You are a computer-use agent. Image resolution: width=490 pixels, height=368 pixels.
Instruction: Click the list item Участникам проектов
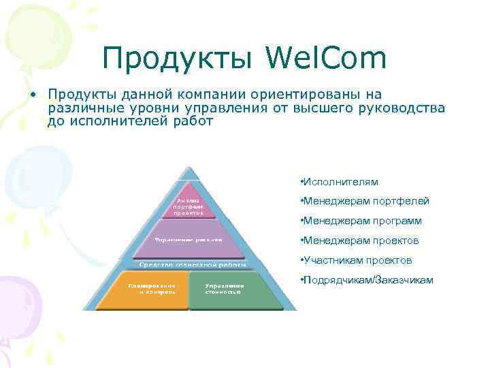coord(355,260)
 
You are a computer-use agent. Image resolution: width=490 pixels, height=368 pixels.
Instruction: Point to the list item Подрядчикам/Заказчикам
coord(365,280)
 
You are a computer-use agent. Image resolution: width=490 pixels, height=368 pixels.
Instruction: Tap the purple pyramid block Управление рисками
coord(189,240)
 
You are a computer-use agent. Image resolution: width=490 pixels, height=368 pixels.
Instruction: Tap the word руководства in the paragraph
coord(401,108)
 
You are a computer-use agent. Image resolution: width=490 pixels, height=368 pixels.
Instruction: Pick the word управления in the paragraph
coord(223,108)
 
